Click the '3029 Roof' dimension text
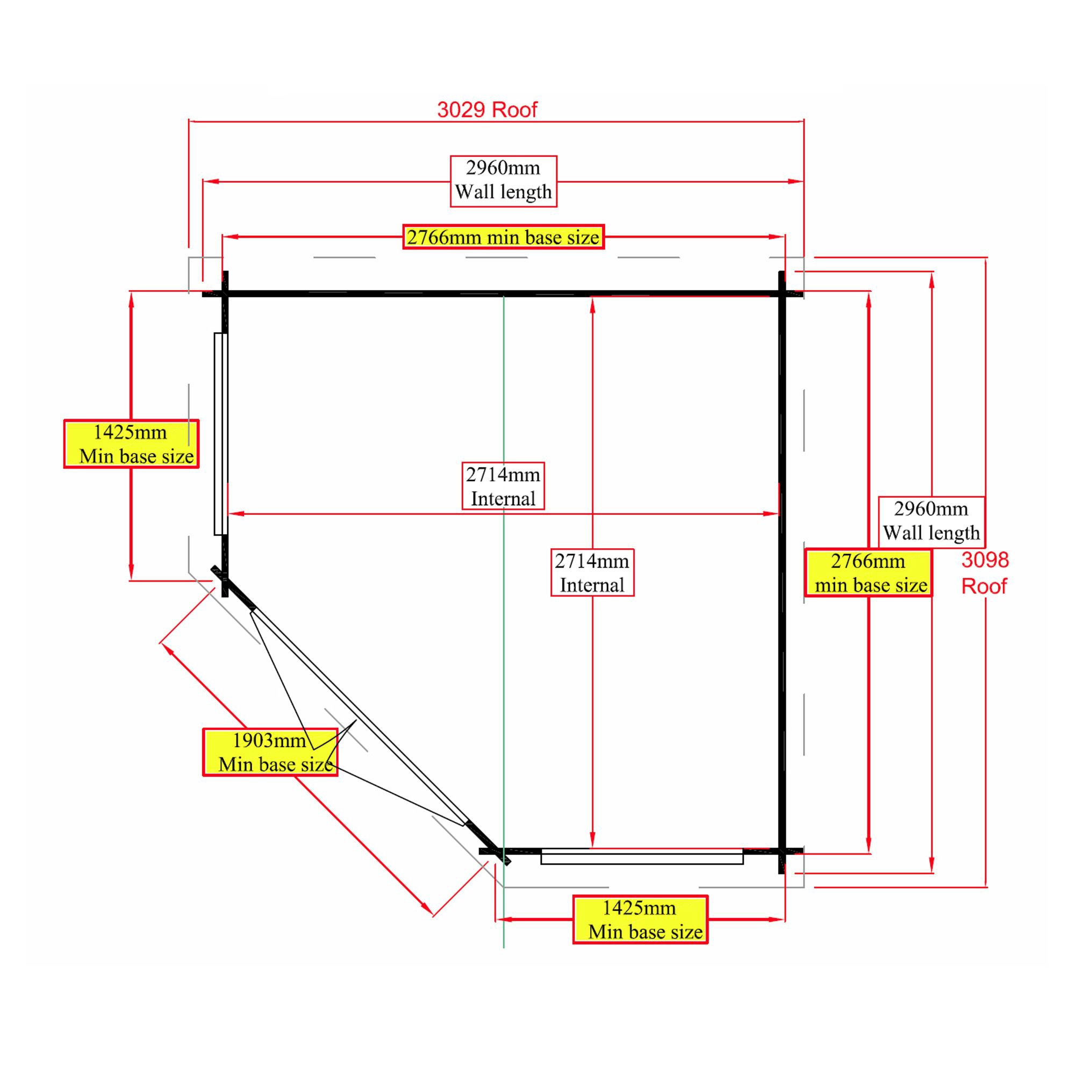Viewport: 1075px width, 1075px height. pyautogui.click(x=487, y=110)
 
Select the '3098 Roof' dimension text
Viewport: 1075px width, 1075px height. pyautogui.click(x=984, y=572)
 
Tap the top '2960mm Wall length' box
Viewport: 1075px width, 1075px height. pyautogui.click(x=503, y=180)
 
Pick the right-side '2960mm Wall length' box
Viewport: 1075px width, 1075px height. pyautogui.click(x=931, y=521)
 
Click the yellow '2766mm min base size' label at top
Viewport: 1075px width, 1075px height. pyautogui.click(x=503, y=237)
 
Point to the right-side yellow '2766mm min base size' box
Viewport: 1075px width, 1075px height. pyautogui.click(x=868, y=573)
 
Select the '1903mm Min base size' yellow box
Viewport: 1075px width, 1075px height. pyautogui.click(x=270, y=752)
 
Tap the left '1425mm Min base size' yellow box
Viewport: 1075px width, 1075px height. pyautogui.click(x=131, y=444)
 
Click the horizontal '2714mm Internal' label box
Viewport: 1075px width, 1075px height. pyautogui.click(x=503, y=486)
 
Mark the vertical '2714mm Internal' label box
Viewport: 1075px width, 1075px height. pyautogui.click(x=592, y=572)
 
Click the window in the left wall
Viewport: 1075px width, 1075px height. pyautogui.click(x=220, y=434)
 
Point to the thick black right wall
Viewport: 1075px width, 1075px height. pyautogui.click(x=782, y=556)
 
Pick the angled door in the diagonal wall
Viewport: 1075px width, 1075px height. pyautogui.click(x=359, y=718)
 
